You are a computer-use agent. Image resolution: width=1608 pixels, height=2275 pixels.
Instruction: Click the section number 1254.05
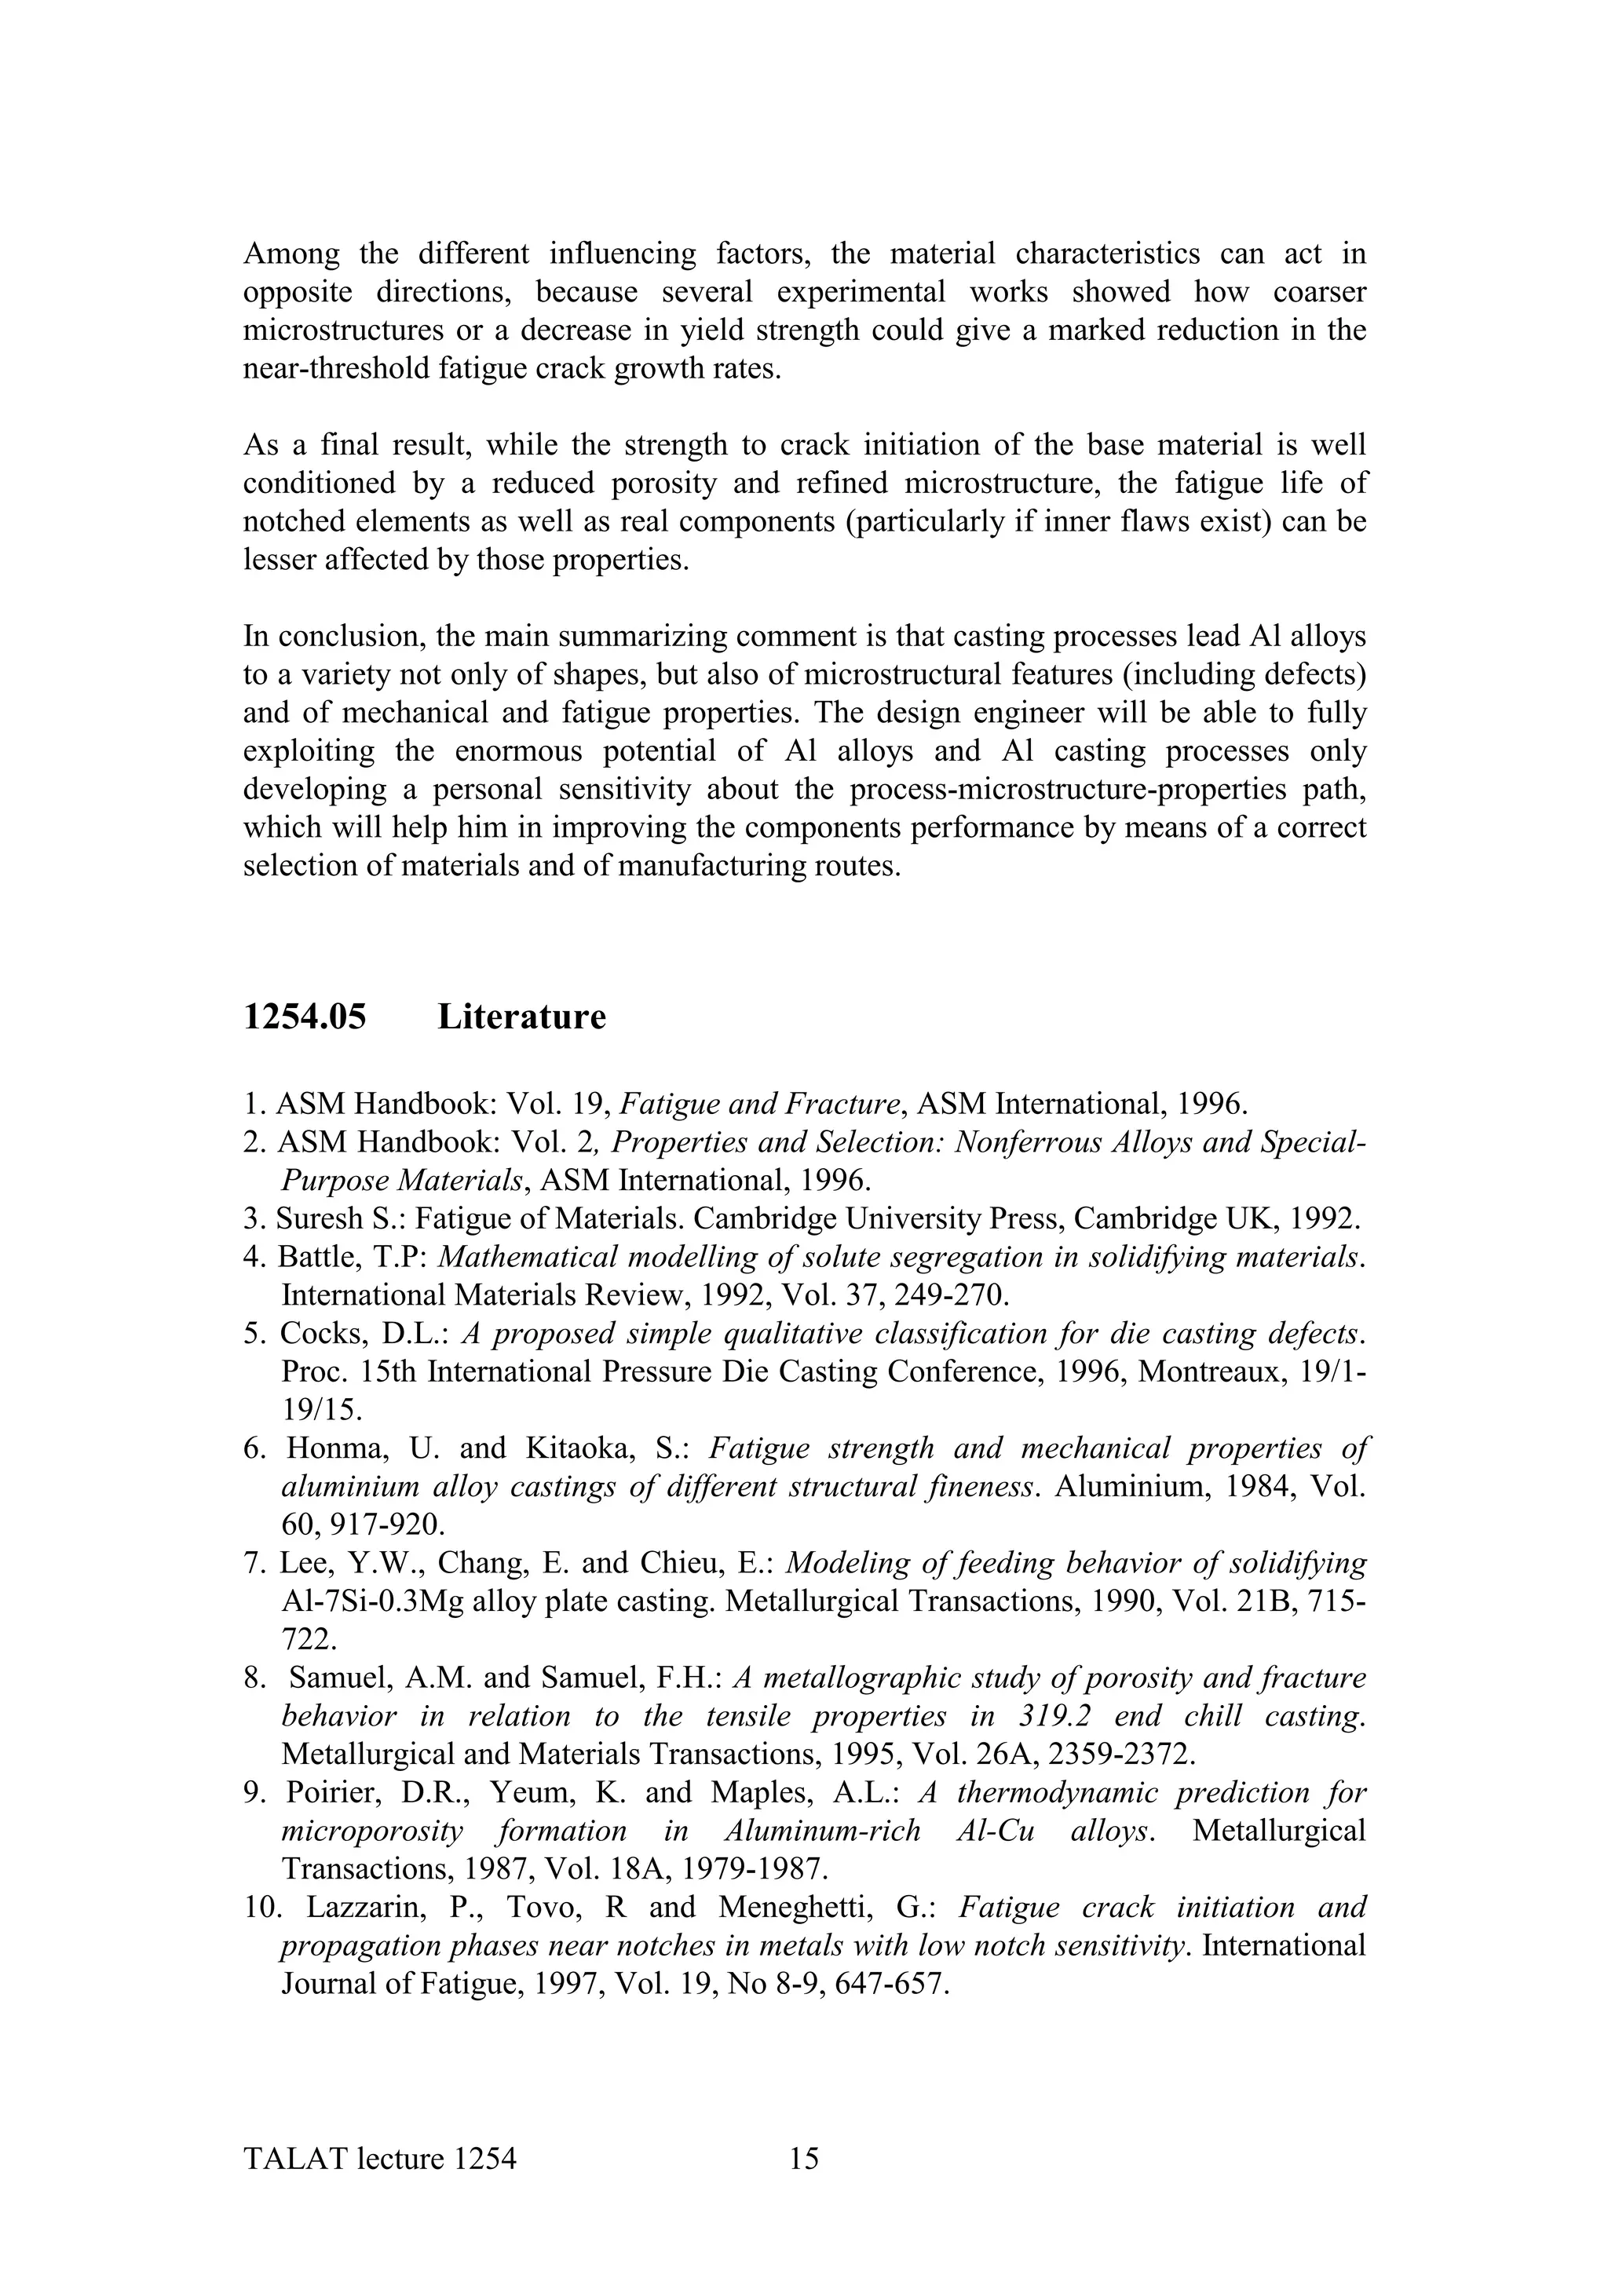[304, 1017]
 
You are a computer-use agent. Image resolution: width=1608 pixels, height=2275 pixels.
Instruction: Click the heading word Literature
[521, 1017]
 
